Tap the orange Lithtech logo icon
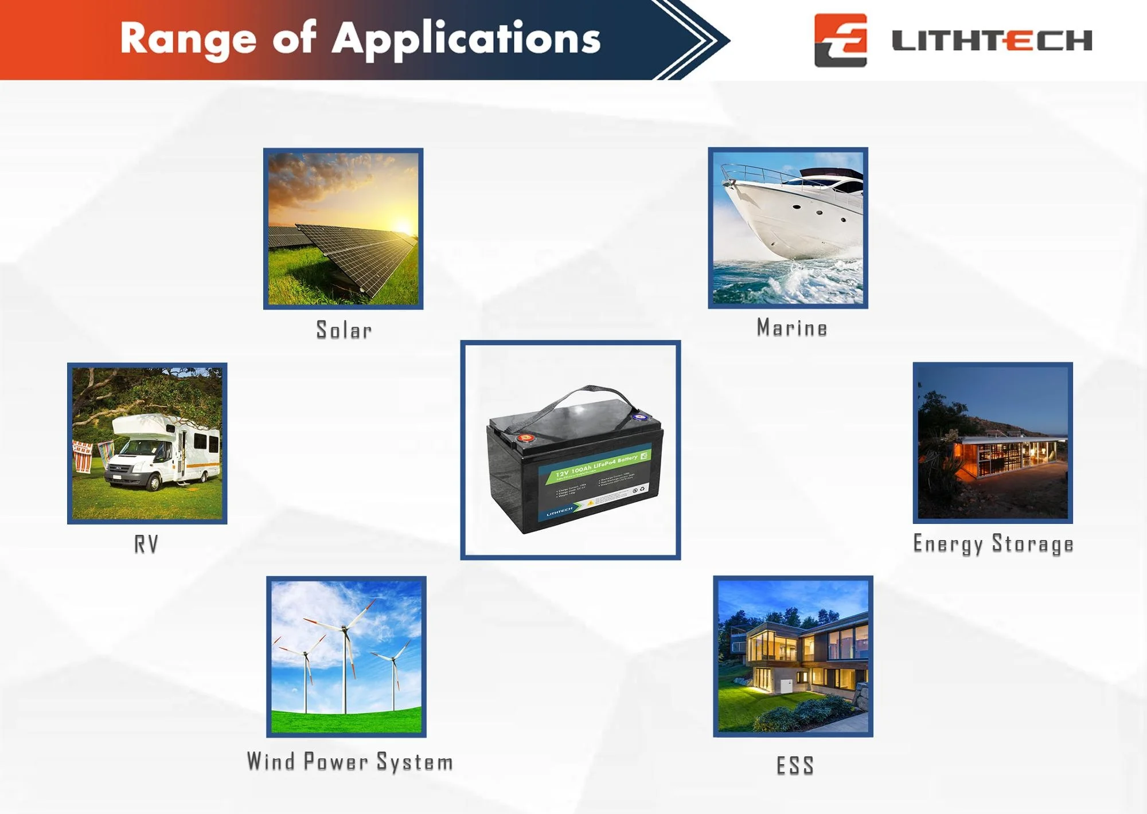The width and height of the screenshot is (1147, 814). (840, 40)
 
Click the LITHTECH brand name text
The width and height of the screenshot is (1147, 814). (992, 41)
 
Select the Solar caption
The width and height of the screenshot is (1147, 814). (344, 330)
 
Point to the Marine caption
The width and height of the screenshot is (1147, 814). (791, 328)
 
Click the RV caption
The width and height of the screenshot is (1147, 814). (146, 544)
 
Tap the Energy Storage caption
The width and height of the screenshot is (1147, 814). (993, 544)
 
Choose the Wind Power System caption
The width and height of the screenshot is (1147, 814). (350, 762)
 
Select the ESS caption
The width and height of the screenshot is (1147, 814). (795, 765)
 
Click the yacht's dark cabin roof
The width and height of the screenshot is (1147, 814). (832, 173)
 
